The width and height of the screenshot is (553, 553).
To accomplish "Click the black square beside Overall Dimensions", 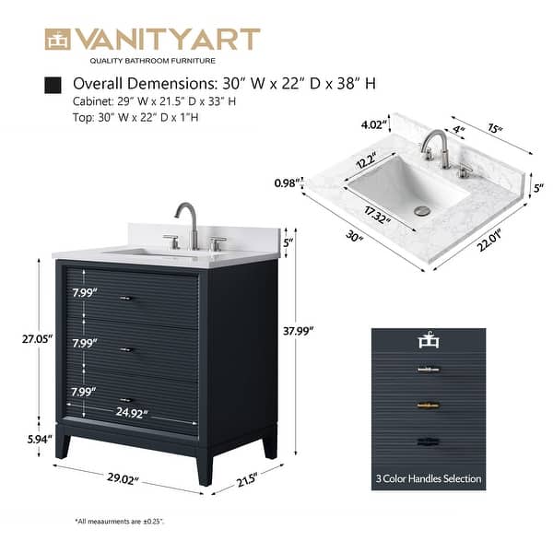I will click(x=53, y=85).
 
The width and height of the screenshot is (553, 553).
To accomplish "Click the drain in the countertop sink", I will click(x=423, y=211).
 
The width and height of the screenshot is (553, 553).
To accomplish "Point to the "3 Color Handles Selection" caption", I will click(x=429, y=478).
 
